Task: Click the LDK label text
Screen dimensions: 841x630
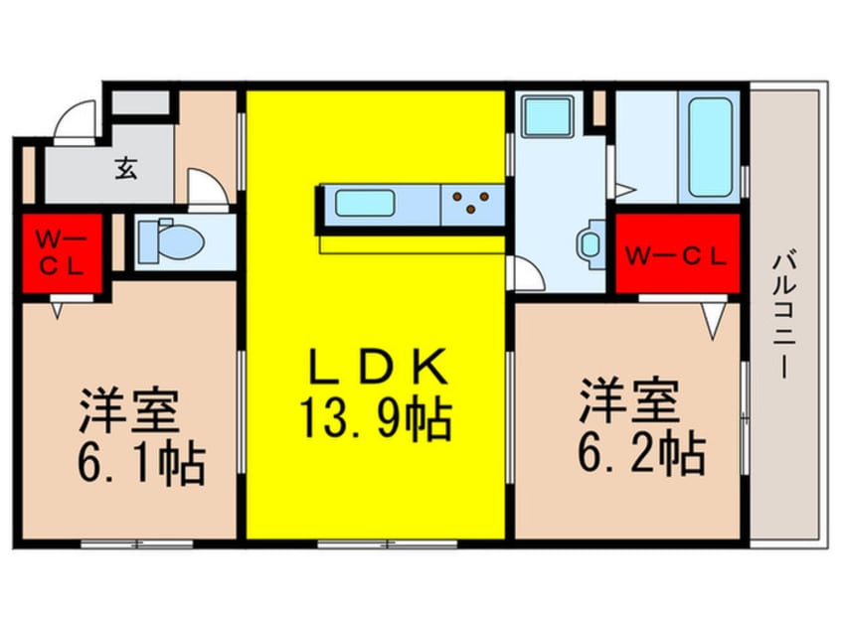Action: click(x=379, y=367)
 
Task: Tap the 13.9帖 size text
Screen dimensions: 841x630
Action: click(x=376, y=419)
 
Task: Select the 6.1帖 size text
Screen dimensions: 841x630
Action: click(x=141, y=463)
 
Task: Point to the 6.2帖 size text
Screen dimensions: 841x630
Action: click(x=641, y=452)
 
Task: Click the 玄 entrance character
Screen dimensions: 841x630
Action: click(x=126, y=168)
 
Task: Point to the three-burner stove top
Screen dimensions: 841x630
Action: click(x=472, y=204)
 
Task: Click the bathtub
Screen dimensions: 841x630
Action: click(x=710, y=147)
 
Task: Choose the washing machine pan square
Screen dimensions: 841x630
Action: click(x=547, y=116)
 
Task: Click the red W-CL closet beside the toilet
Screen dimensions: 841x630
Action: click(x=62, y=253)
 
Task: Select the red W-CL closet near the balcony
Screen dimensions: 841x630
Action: click(x=677, y=253)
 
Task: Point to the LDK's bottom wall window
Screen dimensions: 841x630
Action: click(x=388, y=544)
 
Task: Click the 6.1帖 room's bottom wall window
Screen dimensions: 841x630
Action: click(x=137, y=544)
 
